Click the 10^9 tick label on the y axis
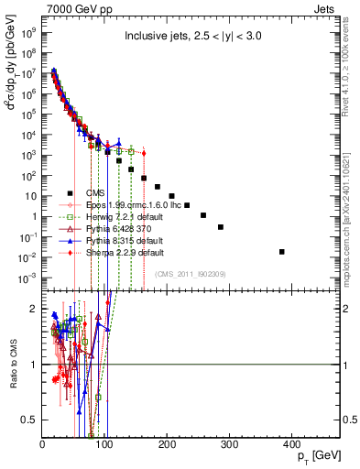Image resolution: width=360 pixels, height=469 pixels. tap(29, 29)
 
